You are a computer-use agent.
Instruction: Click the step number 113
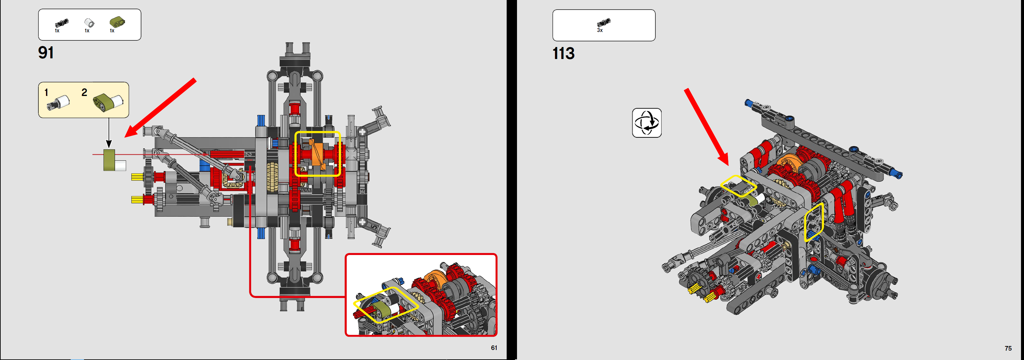coord(563,54)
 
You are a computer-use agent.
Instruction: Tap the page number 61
coord(494,348)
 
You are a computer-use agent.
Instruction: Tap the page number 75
coord(1008,348)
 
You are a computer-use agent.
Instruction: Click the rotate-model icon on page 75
coord(647,123)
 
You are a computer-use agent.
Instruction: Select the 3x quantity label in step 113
coord(599,31)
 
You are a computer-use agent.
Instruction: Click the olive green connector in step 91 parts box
coord(117,22)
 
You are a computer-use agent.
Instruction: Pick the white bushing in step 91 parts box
coord(89,23)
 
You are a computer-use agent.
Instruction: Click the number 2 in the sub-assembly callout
coord(84,93)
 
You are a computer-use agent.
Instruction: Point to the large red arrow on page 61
coord(159,108)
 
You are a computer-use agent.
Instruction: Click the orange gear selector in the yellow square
coord(318,154)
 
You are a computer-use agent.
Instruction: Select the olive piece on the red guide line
coord(109,160)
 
